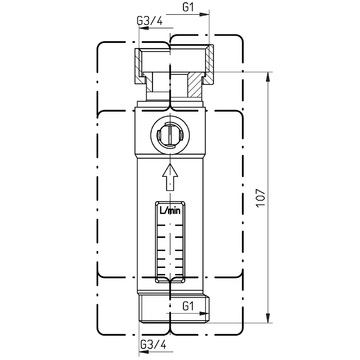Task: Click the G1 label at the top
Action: tap(188, 7)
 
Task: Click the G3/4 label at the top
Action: tap(150, 21)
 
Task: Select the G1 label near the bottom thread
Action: tap(188, 306)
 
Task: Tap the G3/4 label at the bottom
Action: tap(153, 344)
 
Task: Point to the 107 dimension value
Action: tap(261, 197)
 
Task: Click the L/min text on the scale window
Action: tap(170, 210)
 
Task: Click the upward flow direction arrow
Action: tap(170, 177)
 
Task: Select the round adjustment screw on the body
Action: tap(170, 135)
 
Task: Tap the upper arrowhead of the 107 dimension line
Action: tap(268, 77)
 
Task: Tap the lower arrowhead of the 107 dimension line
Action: tap(268, 318)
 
